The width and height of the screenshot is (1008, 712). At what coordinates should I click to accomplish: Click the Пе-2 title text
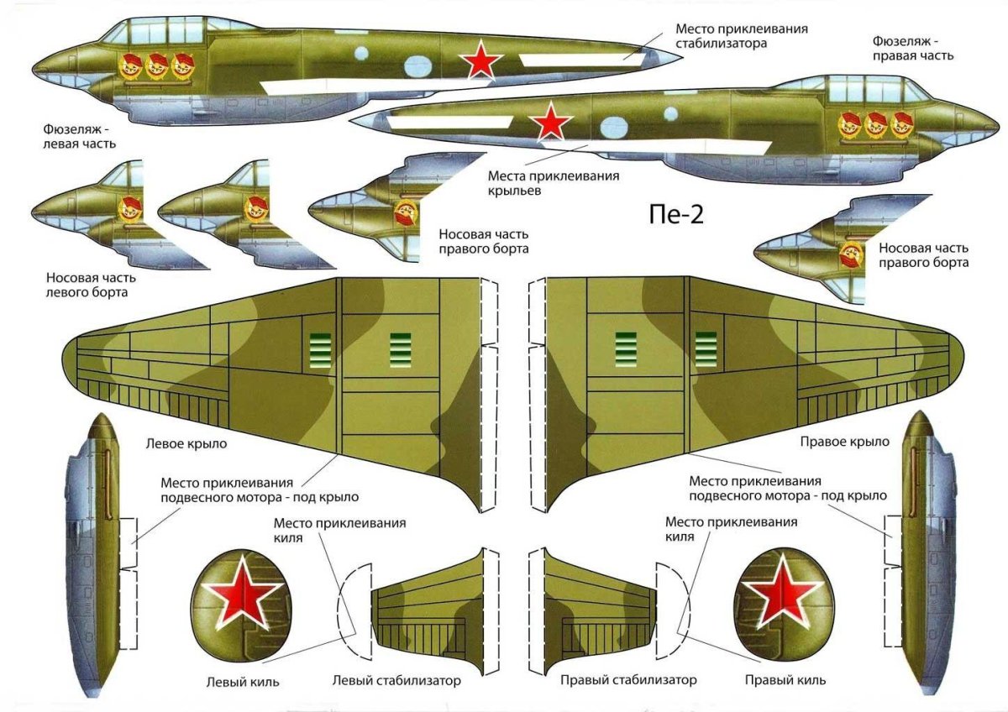pos(676,215)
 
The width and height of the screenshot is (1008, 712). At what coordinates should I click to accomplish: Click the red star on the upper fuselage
pos(480,60)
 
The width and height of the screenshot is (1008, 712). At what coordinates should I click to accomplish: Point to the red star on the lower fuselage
pos(550,121)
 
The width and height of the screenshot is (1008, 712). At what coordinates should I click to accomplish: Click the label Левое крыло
pos(186,444)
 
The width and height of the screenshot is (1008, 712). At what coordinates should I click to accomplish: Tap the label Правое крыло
pos(845,442)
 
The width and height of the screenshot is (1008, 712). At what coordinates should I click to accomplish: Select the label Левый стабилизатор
pos(396,681)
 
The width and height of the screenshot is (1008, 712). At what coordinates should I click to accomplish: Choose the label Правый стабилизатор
pos(628,680)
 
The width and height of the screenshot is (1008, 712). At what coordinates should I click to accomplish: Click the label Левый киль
pos(243,683)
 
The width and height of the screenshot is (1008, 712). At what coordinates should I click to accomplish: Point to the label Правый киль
pos(785,680)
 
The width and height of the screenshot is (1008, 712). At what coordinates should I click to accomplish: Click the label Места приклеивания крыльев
pos(554,182)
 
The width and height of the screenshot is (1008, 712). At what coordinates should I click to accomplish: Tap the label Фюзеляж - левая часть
pos(79,136)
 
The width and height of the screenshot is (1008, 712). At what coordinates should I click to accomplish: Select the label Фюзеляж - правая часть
pos(913,49)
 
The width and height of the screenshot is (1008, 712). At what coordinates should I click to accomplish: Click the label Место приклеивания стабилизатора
pos(742,36)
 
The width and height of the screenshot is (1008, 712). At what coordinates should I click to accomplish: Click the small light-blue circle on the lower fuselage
pos(670,114)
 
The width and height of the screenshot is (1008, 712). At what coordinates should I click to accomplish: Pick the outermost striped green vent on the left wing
pos(320,351)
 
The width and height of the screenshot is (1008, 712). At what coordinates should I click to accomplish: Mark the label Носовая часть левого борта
pos(91,285)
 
